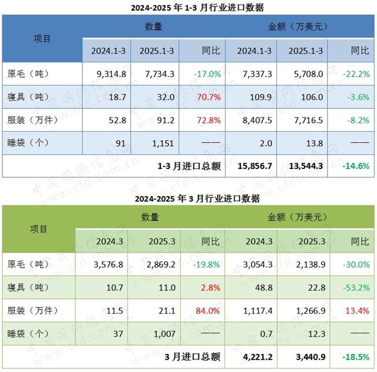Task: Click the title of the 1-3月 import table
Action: tap(188, 8)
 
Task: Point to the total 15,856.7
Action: tap(255, 165)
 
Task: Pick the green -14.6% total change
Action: tap(356, 165)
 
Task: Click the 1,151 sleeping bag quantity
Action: tap(161, 143)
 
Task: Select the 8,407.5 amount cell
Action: tap(254, 120)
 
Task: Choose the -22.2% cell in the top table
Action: tap(356, 74)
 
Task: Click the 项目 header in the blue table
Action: tap(42, 39)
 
